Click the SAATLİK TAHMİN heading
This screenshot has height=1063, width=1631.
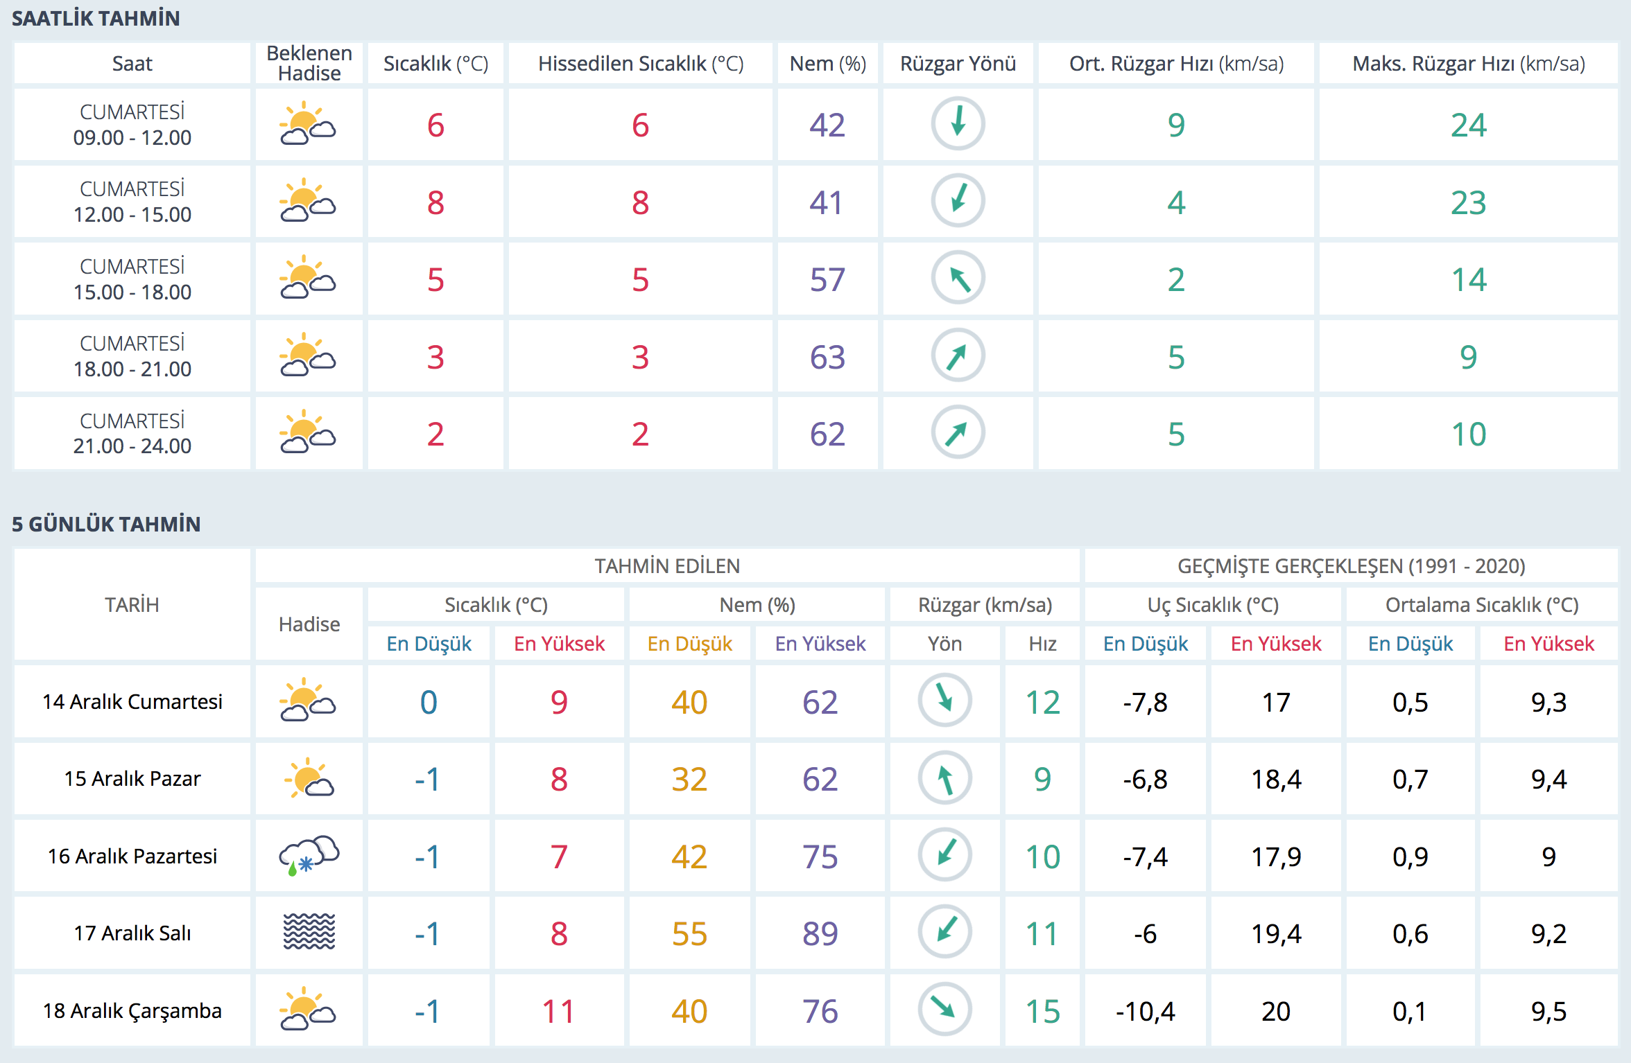pos(96,19)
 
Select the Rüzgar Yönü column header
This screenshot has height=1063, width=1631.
pos(958,64)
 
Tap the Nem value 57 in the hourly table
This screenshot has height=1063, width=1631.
pos(827,280)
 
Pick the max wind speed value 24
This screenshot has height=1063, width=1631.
pos(1468,125)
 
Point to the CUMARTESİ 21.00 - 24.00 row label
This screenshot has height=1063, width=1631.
pos(132,433)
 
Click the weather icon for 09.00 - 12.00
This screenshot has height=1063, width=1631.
pos(308,124)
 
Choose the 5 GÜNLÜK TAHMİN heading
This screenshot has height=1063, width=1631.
pos(106,524)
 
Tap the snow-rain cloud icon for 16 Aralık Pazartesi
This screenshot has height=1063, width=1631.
pos(309,856)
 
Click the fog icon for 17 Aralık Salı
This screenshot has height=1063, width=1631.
pos(309,932)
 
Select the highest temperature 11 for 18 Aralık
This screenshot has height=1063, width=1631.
pos(558,1011)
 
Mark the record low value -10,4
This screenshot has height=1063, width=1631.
pos(1145,1011)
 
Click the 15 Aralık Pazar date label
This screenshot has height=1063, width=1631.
pos(132,779)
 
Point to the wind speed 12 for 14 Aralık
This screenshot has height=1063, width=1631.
pos(1042,703)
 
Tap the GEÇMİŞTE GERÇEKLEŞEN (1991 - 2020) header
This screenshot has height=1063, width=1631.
pos(1351,566)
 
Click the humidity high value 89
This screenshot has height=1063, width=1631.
pos(820,933)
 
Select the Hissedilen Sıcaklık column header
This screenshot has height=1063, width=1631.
pos(640,64)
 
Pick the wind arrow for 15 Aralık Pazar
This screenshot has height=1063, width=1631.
pos(944,778)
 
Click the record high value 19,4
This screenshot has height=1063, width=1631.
pos(1276,933)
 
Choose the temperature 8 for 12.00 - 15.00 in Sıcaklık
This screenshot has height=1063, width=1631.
pos(435,202)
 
